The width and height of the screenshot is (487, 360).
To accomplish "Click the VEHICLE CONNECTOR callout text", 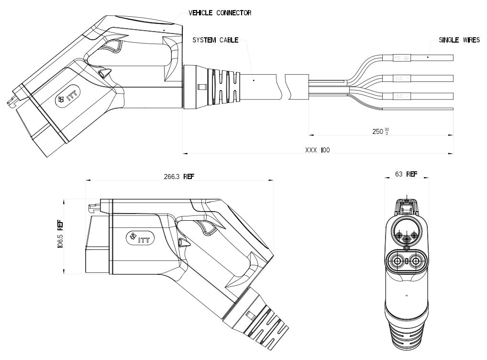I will [220, 13].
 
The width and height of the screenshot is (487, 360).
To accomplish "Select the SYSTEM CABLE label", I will [215, 41].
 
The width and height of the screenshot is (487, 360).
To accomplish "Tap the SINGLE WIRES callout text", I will [459, 41].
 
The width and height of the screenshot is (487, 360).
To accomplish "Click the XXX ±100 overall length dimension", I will [317, 150].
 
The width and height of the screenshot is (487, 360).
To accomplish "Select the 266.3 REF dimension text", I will [179, 176].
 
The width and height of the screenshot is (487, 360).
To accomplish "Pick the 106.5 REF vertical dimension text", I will [60, 236].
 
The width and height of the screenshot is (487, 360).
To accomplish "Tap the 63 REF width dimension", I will [406, 174].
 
